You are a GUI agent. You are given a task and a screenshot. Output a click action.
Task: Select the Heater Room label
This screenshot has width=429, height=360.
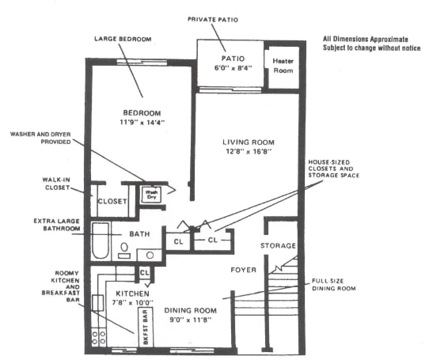(283, 64)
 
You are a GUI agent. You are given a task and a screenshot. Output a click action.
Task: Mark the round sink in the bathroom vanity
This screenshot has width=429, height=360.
(147, 256)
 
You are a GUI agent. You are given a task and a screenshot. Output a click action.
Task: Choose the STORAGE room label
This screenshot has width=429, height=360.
(278, 246)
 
